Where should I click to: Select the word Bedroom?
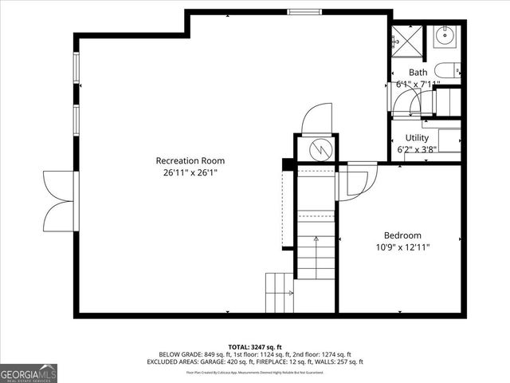point(402,235)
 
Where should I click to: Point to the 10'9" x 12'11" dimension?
point(402,247)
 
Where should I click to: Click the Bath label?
point(418,73)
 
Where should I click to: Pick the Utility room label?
point(417,138)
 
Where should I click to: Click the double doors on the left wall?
point(60,199)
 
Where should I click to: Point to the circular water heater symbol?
point(317,148)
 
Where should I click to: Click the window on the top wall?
point(300,11)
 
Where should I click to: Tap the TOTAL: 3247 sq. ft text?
point(255,345)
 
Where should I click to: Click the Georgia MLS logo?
point(29,373)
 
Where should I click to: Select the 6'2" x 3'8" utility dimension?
point(417,149)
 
